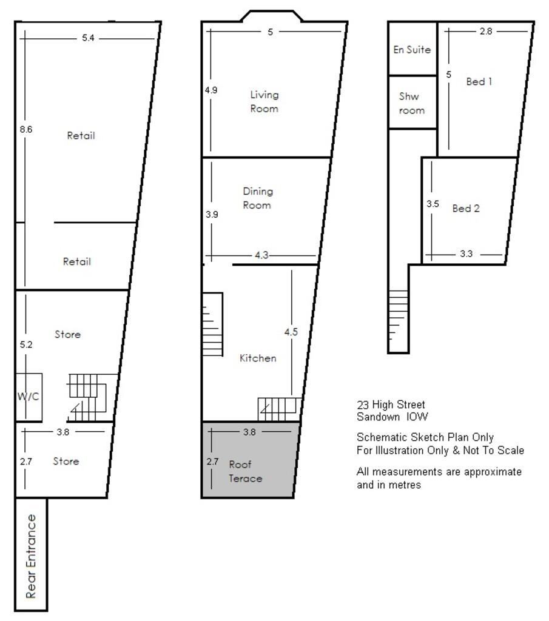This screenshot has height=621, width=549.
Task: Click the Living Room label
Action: (264, 101)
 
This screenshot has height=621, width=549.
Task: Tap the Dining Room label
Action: (258, 198)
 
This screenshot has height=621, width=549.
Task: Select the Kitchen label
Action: (258, 358)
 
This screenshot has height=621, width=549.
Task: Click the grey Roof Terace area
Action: (249, 461)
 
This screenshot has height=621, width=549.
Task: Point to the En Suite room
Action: (412, 50)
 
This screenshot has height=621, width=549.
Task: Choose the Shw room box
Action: (412, 102)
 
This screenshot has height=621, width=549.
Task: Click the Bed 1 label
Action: (479, 81)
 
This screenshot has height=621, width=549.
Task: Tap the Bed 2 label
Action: (466, 208)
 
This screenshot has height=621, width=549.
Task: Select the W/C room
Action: (28, 397)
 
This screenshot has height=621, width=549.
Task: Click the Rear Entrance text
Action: (32, 556)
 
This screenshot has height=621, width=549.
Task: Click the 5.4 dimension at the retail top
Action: (88, 38)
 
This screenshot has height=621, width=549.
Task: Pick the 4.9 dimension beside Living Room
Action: (211, 90)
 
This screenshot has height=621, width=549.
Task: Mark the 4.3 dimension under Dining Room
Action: (261, 255)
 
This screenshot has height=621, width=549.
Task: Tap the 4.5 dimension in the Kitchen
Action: (291, 332)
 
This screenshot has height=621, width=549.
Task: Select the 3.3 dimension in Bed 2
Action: (466, 254)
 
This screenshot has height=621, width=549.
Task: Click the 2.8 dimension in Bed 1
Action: (485, 32)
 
